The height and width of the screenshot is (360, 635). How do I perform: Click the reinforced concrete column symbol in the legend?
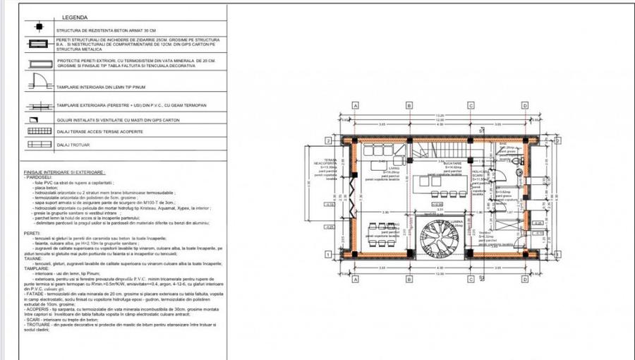tap(40, 30)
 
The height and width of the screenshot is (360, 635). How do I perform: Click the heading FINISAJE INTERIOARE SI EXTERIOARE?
tap(64, 172)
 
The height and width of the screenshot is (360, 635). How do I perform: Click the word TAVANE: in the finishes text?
tap(32, 258)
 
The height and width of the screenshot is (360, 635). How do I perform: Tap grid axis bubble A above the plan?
tap(356, 105)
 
